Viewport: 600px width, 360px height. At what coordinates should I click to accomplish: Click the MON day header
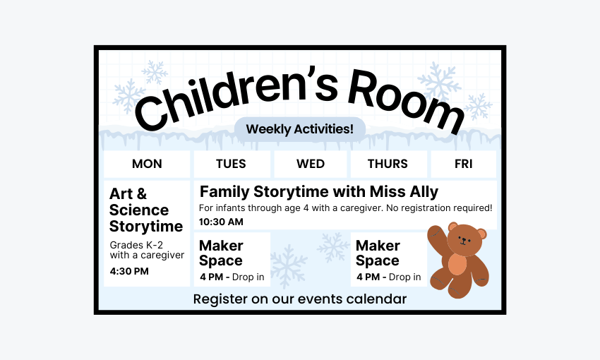[x=147, y=164]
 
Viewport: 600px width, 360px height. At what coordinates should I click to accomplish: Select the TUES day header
[x=231, y=164]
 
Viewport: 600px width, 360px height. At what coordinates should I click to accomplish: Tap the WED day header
[x=311, y=164]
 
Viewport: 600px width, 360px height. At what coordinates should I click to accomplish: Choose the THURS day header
[x=388, y=164]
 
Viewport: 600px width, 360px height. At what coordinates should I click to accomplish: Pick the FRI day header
[x=464, y=164]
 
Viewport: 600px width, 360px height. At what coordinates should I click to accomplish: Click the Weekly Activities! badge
[x=299, y=129]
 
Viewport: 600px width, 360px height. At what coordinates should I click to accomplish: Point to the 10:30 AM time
[x=221, y=222]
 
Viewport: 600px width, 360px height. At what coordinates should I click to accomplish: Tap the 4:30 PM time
[x=129, y=271]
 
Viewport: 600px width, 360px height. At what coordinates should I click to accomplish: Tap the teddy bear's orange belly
[x=457, y=265]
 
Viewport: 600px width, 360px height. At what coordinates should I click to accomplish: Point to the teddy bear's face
[x=464, y=240]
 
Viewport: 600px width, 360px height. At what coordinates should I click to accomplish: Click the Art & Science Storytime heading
[x=145, y=210]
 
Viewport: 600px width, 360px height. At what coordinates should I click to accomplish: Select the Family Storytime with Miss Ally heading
[x=318, y=191]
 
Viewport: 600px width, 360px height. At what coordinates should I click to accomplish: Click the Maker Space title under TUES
[x=221, y=253]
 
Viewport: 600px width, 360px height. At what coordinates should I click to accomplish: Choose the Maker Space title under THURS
[x=378, y=253]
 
